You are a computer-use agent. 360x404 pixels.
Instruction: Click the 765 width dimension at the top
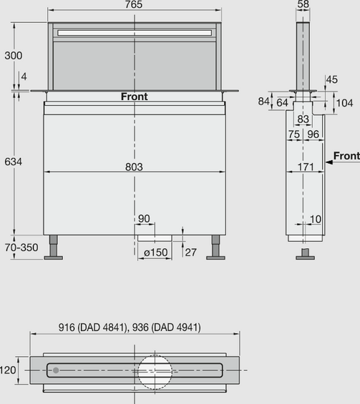[134, 5]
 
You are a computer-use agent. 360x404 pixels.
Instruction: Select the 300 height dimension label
[12, 55]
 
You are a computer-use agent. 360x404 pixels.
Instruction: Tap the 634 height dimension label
[12, 162]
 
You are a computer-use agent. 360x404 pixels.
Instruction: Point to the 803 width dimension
[134, 167]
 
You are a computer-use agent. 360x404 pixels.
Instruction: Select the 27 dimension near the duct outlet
[191, 252]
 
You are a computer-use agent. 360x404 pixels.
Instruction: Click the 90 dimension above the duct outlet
[144, 218]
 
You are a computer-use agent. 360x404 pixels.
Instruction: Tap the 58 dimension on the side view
[303, 5]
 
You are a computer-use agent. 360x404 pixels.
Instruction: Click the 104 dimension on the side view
[344, 103]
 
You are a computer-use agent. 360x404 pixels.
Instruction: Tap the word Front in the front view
[134, 97]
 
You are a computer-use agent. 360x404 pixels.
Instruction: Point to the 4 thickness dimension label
[24, 77]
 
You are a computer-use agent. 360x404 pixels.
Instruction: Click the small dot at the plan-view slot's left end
[56, 370]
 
